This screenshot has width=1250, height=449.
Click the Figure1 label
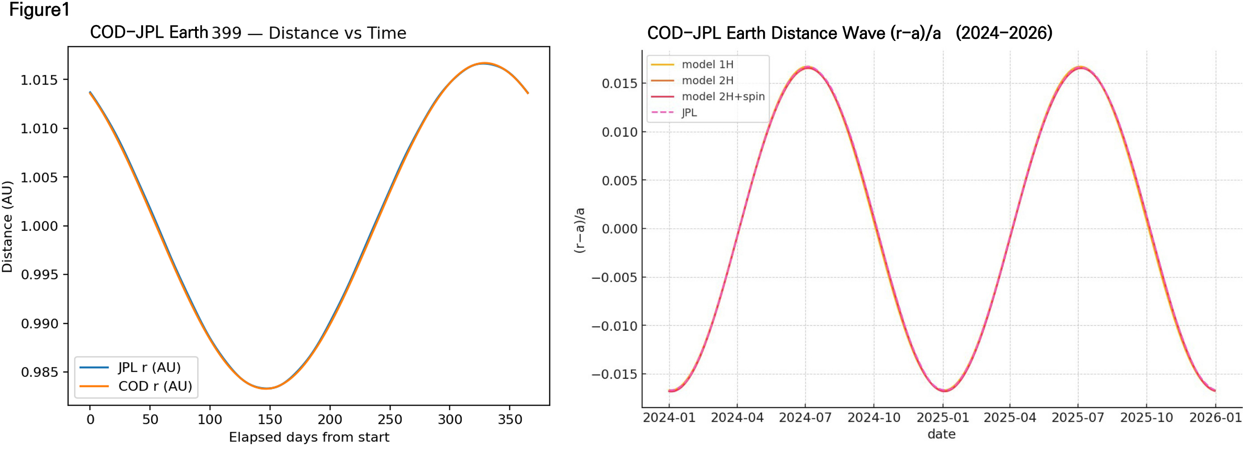[x=39, y=10]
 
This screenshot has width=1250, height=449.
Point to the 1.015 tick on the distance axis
[x=39, y=80]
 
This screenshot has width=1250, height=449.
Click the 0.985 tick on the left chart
[x=39, y=372]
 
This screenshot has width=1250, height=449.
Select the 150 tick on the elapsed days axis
[x=270, y=420]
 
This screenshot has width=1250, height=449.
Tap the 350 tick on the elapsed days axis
[x=510, y=420]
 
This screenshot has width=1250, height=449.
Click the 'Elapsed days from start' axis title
[x=309, y=437]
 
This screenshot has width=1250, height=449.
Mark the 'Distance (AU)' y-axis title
[x=7, y=227]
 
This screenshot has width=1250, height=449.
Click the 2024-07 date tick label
[x=805, y=418]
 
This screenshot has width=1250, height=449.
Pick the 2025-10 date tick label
[x=1146, y=418]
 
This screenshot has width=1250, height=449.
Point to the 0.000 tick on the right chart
[x=619, y=229]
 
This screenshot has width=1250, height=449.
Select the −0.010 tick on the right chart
[x=614, y=326]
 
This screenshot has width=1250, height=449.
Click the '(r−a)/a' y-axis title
[x=580, y=231]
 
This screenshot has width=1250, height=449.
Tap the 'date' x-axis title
[x=941, y=434]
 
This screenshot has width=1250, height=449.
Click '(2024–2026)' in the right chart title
[x=1004, y=33]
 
